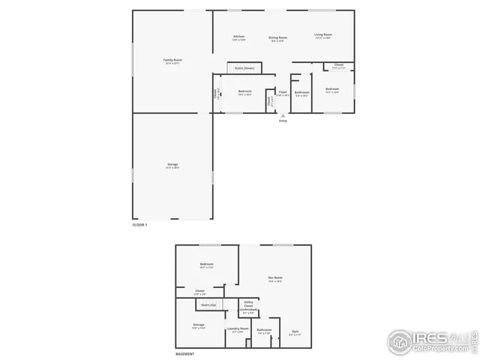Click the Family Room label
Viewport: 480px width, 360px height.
click(x=173, y=60)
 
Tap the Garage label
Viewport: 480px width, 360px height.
click(x=172, y=164)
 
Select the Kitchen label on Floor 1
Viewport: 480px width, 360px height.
click(x=239, y=36)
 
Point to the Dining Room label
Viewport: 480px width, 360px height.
click(x=277, y=37)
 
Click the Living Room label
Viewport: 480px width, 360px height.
click(x=323, y=34)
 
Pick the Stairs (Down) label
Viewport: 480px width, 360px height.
click(x=244, y=68)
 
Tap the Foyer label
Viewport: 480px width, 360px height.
click(x=283, y=91)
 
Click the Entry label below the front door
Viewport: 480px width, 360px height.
click(x=283, y=121)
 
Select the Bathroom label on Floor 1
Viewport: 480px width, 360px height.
click(x=301, y=92)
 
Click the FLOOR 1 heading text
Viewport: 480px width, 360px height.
click(x=140, y=225)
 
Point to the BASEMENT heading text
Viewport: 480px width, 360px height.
click(x=185, y=354)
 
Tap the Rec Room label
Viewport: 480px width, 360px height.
click(x=275, y=278)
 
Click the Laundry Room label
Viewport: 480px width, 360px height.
click(x=238, y=328)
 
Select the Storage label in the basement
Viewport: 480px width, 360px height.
click(x=199, y=325)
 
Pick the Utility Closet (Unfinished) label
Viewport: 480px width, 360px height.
click(x=248, y=306)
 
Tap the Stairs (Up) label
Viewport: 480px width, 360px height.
click(x=208, y=304)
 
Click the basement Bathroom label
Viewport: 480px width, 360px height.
click(x=264, y=329)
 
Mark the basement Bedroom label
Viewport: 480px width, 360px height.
click(x=207, y=264)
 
